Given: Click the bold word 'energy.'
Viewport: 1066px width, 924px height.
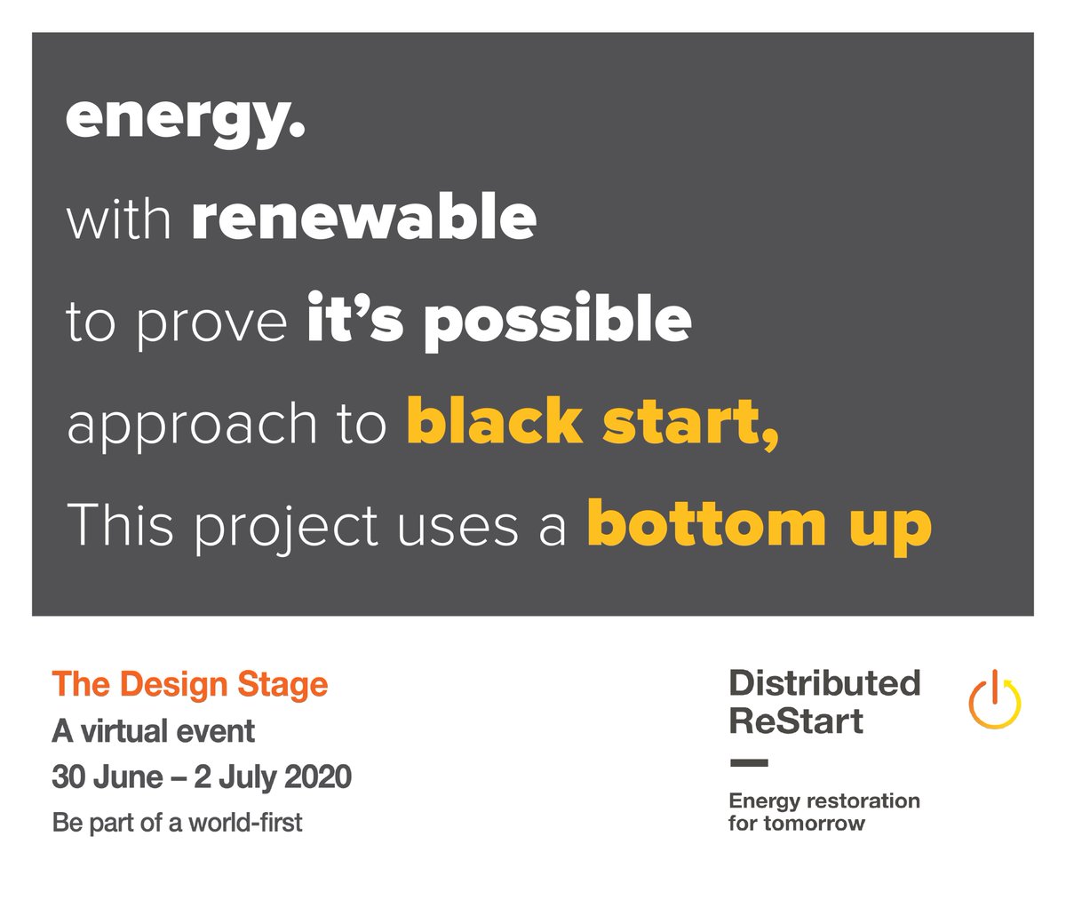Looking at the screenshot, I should pos(185,119).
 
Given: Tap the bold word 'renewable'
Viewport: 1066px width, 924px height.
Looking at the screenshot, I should pos(363,218).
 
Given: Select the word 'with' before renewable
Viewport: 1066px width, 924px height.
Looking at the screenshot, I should pos(118,218).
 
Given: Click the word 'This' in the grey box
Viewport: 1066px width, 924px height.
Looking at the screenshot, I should pos(119,524).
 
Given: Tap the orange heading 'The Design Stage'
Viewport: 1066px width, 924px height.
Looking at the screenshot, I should pos(190,684).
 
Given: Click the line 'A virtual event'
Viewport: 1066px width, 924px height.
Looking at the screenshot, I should pos(153,731).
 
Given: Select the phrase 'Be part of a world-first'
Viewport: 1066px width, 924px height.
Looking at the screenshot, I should pos(177,823).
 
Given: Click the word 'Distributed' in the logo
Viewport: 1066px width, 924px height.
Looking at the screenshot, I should pos(824,683).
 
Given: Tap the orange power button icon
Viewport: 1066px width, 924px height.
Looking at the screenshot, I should pos(994,700).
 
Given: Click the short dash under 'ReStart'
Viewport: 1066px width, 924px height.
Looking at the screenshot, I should pos(748,762).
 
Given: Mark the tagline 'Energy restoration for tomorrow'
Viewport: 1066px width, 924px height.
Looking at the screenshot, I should pos(823,812).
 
